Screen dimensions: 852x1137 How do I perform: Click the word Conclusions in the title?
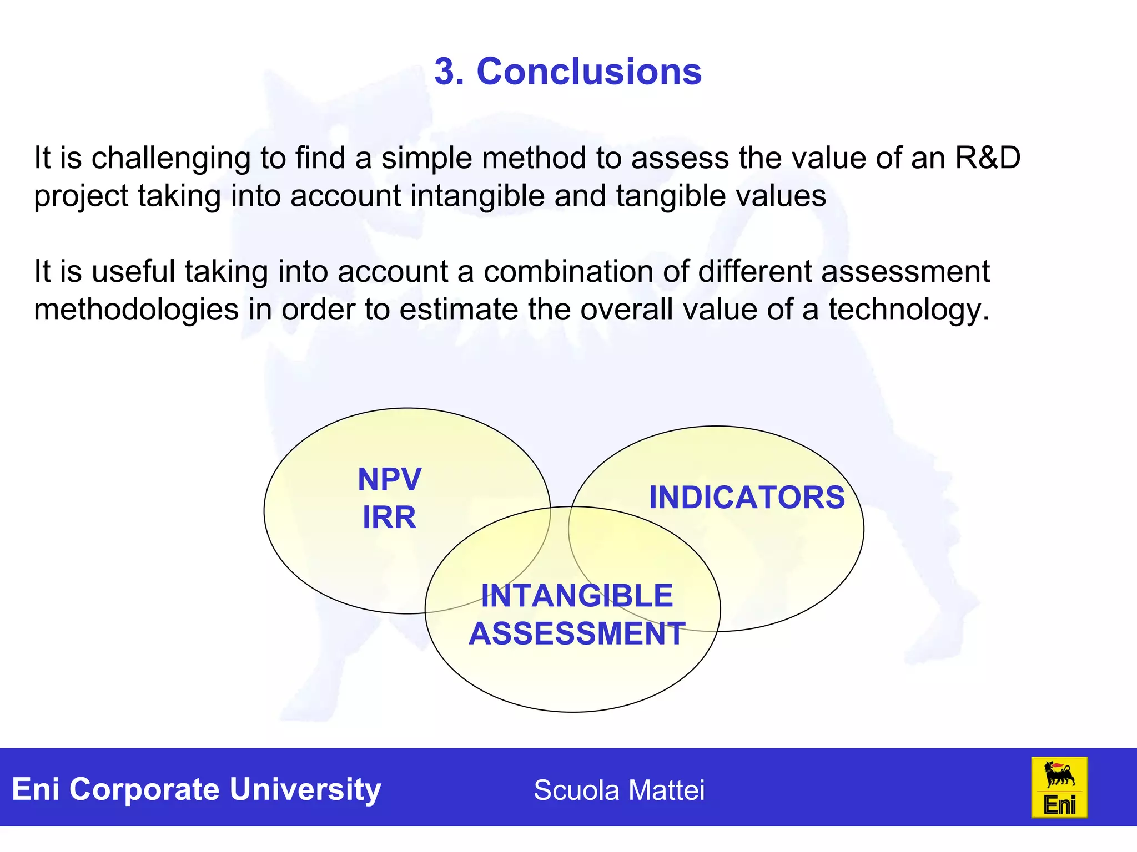point(589,72)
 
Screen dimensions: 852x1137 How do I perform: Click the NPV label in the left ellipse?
point(389,479)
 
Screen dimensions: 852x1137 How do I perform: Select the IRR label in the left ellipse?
point(389,517)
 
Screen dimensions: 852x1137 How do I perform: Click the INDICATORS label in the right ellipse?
point(747,497)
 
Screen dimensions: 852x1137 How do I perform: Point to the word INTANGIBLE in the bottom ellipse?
point(577,596)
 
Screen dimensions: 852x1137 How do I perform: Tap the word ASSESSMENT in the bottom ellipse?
point(577,633)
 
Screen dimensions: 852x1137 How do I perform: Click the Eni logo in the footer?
point(1059,787)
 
